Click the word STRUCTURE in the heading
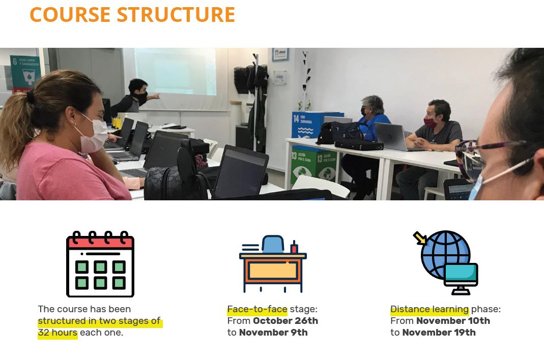point(176,15)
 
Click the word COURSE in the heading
point(70,15)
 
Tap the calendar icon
point(100,264)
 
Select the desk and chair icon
point(273,264)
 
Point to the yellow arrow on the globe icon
point(420,238)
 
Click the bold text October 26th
point(285,321)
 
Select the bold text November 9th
point(273,333)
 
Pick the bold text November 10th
point(453,321)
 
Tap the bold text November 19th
point(439,333)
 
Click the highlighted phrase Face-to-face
point(257,309)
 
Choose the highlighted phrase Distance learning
point(430,309)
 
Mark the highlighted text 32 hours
point(58,333)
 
